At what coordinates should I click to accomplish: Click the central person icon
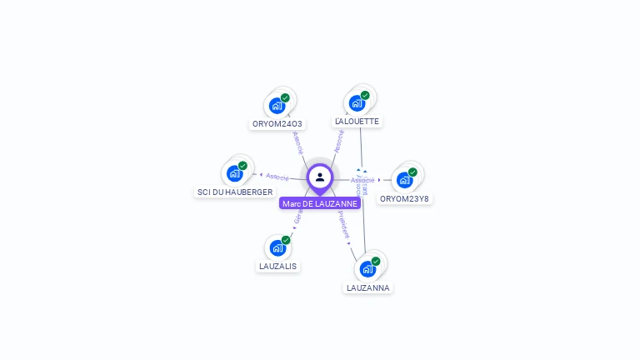tap(320, 177)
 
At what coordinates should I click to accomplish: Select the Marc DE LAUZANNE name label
tap(320, 203)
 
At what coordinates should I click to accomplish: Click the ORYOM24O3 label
tap(277, 124)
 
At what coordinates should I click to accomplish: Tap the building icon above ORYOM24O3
tap(277, 106)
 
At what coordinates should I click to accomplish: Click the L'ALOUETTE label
tap(357, 121)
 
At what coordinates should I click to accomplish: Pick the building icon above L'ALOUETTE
tap(357, 103)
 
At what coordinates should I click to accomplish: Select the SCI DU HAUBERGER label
tap(234, 192)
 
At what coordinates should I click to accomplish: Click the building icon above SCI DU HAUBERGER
tap(234, 173)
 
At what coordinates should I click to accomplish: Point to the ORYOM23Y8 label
tap(404, 198)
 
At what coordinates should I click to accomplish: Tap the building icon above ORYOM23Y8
tap(404, 179)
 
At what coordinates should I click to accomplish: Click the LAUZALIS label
tap(277, 266)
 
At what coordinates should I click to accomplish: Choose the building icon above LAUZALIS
tap(277, 247)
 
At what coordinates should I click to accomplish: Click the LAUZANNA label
tap(367, 287)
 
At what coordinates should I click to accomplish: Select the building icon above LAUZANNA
tap(367, 269)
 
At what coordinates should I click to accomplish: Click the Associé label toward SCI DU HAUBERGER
tap(277, 177)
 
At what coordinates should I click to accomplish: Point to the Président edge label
tap(344, 225)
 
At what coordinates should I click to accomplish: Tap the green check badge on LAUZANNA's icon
tap(376, 262)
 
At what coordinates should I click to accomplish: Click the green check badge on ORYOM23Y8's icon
tap(412, 172)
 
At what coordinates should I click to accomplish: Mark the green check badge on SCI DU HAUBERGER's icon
tap(242, 166)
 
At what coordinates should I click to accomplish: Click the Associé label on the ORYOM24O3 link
tap(298, 142)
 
